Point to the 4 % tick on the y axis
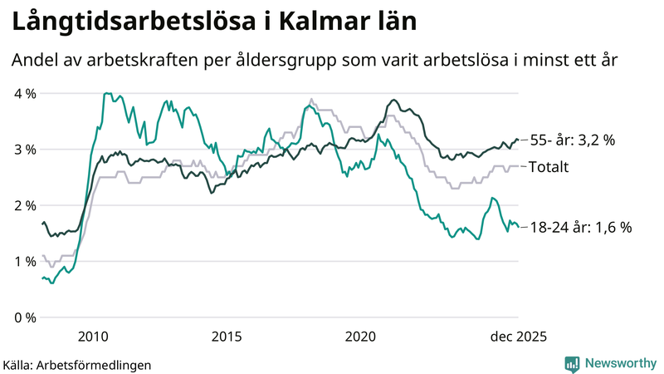click(x=24, y=93)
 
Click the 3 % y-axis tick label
click(x=24, y=150)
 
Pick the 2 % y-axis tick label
click(x=24, y=205)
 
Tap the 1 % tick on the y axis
click(x=24, y=262)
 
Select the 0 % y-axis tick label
click(x=24, y=317)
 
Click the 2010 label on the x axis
click(x=93, y=336)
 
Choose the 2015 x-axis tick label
click(x=227, y=336)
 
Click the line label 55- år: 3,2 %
click(x=573, y=140)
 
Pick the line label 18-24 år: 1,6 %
click(x=580, y=227)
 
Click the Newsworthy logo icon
click(x=572, y=363)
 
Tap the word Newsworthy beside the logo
click(x=619, y=363)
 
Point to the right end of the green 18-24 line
click(x=518, y=226)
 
